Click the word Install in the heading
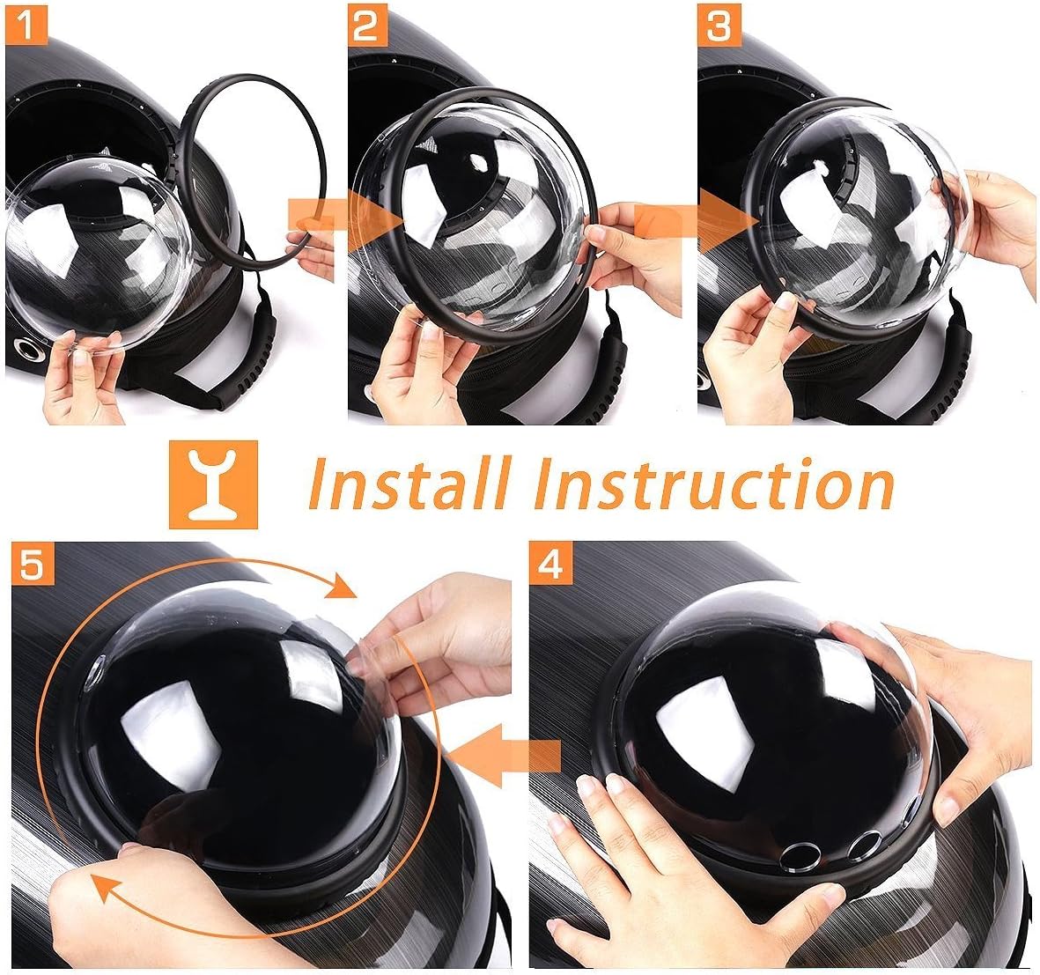[x=410, y=484]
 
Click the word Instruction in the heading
[x=713, y=484]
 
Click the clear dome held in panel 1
[x=88, y=255]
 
